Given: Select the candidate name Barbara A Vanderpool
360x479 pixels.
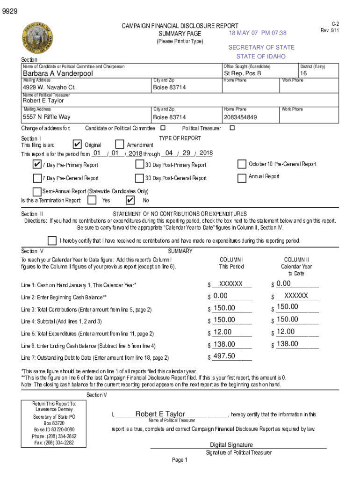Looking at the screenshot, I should (x=58, y=73).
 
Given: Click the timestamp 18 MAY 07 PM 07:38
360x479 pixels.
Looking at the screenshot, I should (x=258, y=33).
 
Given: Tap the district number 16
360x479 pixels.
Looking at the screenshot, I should (x=303, y=73).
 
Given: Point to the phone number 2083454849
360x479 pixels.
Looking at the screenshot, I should (x=240, y=117).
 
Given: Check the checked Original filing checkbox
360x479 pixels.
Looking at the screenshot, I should (x=78, y=145).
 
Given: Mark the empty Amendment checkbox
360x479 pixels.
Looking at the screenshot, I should (x=120, y=145).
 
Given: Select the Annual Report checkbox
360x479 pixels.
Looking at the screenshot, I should (x=242, y=178).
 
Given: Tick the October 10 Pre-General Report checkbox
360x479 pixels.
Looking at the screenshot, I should (x=242, y=164).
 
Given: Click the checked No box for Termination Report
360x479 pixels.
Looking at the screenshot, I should (x=130, y=200).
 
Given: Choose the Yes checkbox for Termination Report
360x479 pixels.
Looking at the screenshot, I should (x=93, y=200).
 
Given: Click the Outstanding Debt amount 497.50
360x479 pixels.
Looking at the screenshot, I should (x=224, y=356).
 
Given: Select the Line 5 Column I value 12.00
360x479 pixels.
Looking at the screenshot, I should (x=222, y=332).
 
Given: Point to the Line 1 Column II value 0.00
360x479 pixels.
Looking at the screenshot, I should (x=283, y=283).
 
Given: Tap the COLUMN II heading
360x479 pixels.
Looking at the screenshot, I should (x=296, y=260).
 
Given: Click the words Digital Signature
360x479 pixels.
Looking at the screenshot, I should (x=231, y=445).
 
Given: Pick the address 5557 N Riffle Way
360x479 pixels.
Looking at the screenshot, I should (x=47, y=117).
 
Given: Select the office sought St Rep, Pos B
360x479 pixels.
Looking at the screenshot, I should (x=242, y=73).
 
